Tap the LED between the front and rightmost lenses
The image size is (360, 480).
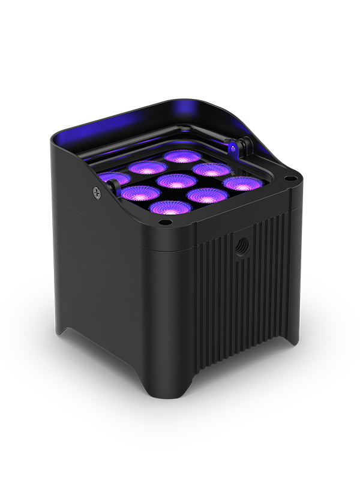pos(207,195)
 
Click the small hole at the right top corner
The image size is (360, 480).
pos(290,178)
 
